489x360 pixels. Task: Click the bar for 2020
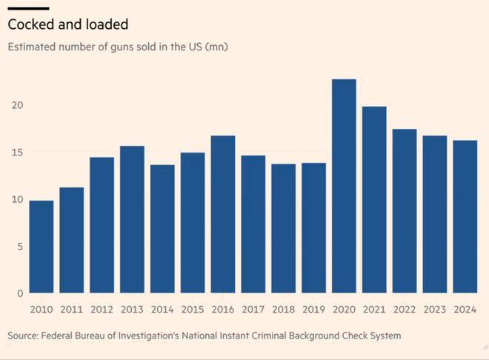click(344, 186)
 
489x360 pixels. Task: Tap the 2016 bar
click(223, 214)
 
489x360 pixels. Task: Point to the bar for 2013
click(132, 219)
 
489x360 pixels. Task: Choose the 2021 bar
click(374, 200)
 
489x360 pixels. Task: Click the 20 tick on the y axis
click(16, 105)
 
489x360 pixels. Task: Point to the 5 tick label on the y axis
click(19, 247)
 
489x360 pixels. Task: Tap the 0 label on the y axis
click(19, 293)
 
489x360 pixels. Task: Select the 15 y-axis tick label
click(16, 153)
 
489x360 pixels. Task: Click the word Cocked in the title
click(32, 24)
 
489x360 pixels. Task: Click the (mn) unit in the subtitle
click(216, 47)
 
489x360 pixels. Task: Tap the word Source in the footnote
click(24, 336)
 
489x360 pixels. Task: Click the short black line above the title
click(28, 7)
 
